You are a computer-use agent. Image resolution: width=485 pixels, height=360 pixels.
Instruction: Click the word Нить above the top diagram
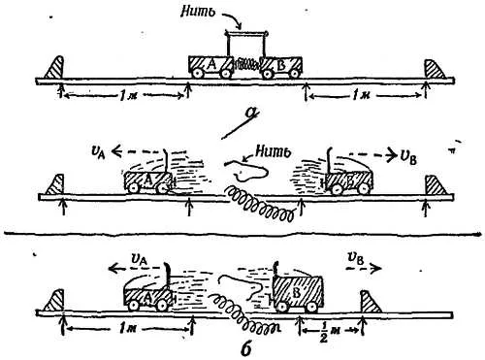coord(198,12)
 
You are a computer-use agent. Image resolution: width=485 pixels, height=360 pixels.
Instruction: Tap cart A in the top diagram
coord(210,67)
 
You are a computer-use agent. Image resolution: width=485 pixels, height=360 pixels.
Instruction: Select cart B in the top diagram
coord(281,67)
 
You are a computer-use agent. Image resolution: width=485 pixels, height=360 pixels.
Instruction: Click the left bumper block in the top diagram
coord(54,67)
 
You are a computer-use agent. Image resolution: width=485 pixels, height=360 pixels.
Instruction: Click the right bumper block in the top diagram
coord(435,69)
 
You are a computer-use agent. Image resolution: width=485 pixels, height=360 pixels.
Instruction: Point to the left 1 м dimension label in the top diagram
coord(126,96)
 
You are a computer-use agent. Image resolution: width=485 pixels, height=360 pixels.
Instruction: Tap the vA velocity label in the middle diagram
coord(99,152)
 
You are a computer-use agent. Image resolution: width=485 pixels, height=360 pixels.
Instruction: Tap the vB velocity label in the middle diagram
coord(407,158)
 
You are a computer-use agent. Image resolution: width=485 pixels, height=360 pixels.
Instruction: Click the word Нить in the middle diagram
coord(273,151)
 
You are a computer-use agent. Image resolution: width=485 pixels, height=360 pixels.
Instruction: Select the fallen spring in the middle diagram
coord(260,204)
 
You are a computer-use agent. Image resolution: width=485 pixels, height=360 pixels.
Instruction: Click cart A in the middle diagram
coord(148,182)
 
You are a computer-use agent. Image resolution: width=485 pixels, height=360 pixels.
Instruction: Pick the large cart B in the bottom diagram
coord(298,294)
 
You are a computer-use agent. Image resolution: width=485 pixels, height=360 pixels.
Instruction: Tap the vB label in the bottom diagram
coord(356,259)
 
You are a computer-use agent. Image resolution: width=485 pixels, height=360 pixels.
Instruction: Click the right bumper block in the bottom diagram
coord(371,302)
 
